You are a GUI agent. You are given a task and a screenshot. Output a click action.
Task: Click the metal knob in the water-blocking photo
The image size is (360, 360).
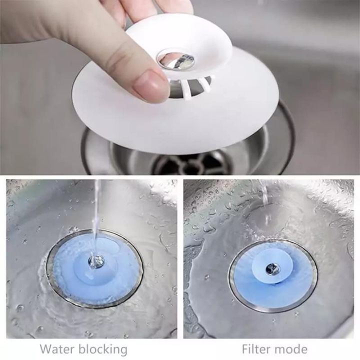(x=95, y=260)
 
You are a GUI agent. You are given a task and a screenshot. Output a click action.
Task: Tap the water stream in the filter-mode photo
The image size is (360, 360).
(x=264, y=200)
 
